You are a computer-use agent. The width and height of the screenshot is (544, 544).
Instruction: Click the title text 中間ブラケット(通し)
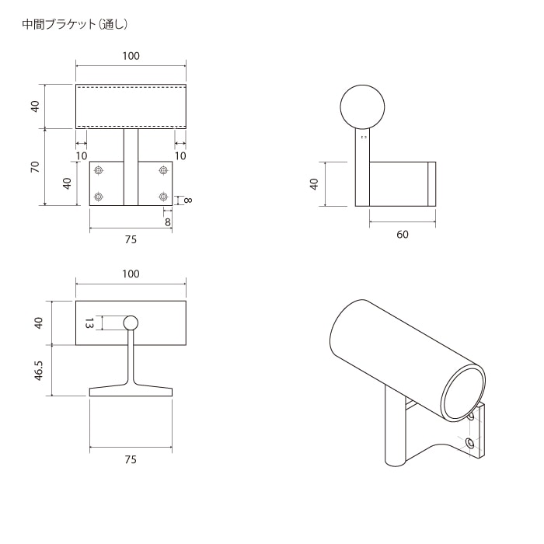75,24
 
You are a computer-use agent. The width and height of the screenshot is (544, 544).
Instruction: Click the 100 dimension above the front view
131,56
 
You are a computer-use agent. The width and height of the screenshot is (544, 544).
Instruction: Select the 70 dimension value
35,167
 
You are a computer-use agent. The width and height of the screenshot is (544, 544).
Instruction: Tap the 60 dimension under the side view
402,235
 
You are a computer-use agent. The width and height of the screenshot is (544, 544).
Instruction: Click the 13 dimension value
89,323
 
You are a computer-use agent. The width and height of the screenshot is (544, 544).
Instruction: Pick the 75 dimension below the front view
131,240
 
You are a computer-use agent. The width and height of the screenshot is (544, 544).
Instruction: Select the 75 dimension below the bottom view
131,459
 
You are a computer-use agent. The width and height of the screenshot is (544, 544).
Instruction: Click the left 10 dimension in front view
81,156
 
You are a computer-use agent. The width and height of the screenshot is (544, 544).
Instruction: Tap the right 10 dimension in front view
180,156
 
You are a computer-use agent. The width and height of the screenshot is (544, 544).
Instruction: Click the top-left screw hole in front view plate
99,170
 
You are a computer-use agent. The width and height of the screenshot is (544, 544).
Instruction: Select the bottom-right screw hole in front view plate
163,196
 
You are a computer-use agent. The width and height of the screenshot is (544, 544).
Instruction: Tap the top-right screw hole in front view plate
163,170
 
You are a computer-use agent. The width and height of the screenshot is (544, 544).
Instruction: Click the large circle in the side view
363,106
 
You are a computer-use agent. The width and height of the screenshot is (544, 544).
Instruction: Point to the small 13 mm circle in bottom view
131,323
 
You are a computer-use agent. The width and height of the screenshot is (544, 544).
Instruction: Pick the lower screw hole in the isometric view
469,443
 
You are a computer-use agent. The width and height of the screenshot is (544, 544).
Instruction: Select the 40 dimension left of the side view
314,184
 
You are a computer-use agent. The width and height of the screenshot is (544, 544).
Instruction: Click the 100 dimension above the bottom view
131,274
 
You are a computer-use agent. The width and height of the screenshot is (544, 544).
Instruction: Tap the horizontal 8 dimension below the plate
168,221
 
